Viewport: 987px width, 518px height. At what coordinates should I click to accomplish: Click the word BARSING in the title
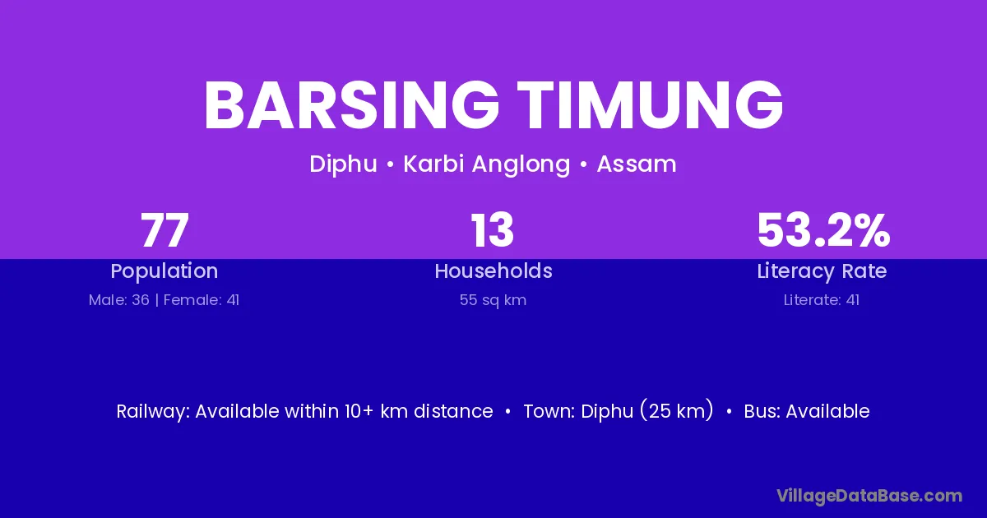pos(352,106)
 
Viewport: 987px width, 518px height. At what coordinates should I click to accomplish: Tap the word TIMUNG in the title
pos(651,106)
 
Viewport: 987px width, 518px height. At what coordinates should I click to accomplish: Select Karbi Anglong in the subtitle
pos(487,164)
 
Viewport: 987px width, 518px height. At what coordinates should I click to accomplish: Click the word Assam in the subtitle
pos(637,164)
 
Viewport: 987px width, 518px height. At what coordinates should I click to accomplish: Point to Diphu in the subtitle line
pos(343,164)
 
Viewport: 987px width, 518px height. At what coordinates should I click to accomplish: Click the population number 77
pos(164,230)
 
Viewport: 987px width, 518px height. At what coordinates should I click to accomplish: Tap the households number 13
pos(493,230)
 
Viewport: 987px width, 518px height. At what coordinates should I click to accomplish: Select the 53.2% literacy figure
pos(823,230)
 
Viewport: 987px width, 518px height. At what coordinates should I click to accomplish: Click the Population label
pos(164,271)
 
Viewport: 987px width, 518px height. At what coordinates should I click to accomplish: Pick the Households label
pos(493,271)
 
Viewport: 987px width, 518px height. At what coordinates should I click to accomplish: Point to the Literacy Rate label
pos(822,271)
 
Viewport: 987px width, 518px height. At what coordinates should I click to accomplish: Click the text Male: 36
pos(119,300)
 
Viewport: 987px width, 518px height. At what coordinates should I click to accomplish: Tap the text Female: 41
pos(202,300)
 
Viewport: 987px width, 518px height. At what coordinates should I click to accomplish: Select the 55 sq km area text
pos(493,300)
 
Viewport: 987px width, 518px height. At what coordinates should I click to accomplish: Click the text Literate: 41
pos(822,300)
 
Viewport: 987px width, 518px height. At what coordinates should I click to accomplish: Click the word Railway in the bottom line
pos(153,412)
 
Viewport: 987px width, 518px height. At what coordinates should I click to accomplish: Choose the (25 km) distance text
pos(676,410)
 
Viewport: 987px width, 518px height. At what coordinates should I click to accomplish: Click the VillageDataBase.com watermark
pos(869,496)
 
